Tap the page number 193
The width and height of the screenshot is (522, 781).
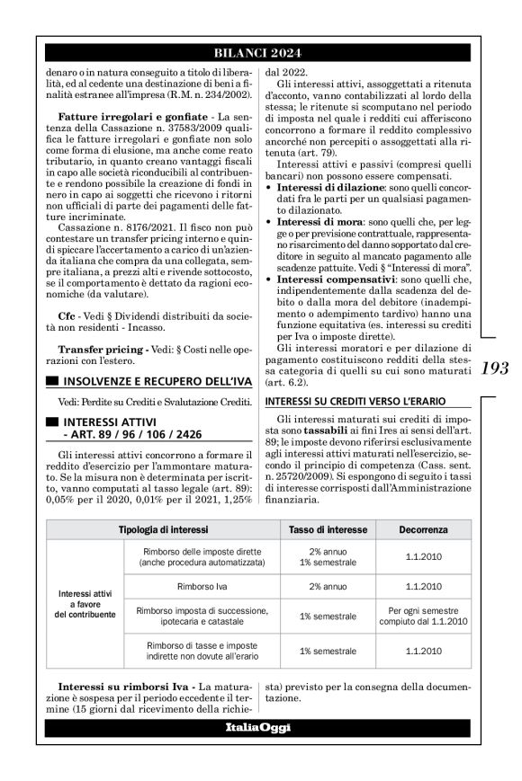click(495, 368)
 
